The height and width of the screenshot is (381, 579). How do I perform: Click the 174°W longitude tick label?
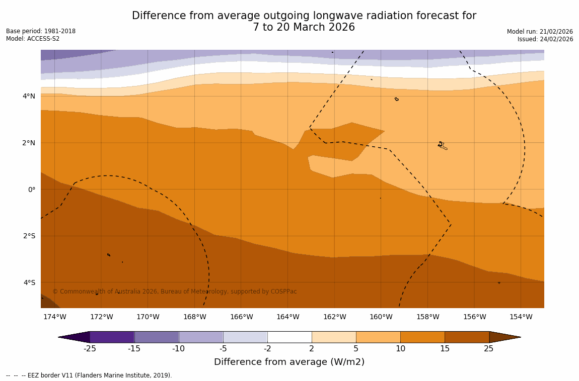click(x=54, y=317)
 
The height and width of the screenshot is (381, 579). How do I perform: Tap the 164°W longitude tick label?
click(x=287, y=317)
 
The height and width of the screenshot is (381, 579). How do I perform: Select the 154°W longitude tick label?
click(x=521, y=317)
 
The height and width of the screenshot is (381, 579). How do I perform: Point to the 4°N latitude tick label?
click(x=29, y=96)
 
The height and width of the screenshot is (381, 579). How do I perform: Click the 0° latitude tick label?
click(x=31, y=189)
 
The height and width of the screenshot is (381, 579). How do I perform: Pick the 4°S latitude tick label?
click(x=29, y=282)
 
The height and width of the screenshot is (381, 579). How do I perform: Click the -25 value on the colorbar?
click(x=90, y=349)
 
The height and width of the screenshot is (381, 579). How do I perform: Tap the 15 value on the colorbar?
click(x=445, y=349)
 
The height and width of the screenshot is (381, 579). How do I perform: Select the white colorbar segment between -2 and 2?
click(x=289, y=337)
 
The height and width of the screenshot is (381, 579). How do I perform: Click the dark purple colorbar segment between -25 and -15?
click(x=112, y=337)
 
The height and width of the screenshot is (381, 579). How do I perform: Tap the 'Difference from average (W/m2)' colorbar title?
click(x=289, y=362)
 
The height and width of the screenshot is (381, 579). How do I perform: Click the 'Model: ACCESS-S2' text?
click(x=33, y=39)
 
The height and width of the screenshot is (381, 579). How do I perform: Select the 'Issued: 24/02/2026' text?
click(x=545, y=39)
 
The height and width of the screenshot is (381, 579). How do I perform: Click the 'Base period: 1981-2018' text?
click(x=41, y=31)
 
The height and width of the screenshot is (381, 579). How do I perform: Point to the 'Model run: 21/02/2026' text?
click(x=540, y=31)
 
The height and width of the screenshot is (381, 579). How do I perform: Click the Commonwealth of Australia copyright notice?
click(x=175, y=292)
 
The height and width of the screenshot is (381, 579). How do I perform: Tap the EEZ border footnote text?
click(x=89, y=375)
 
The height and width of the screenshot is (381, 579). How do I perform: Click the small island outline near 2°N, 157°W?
click(x=442, y=146)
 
